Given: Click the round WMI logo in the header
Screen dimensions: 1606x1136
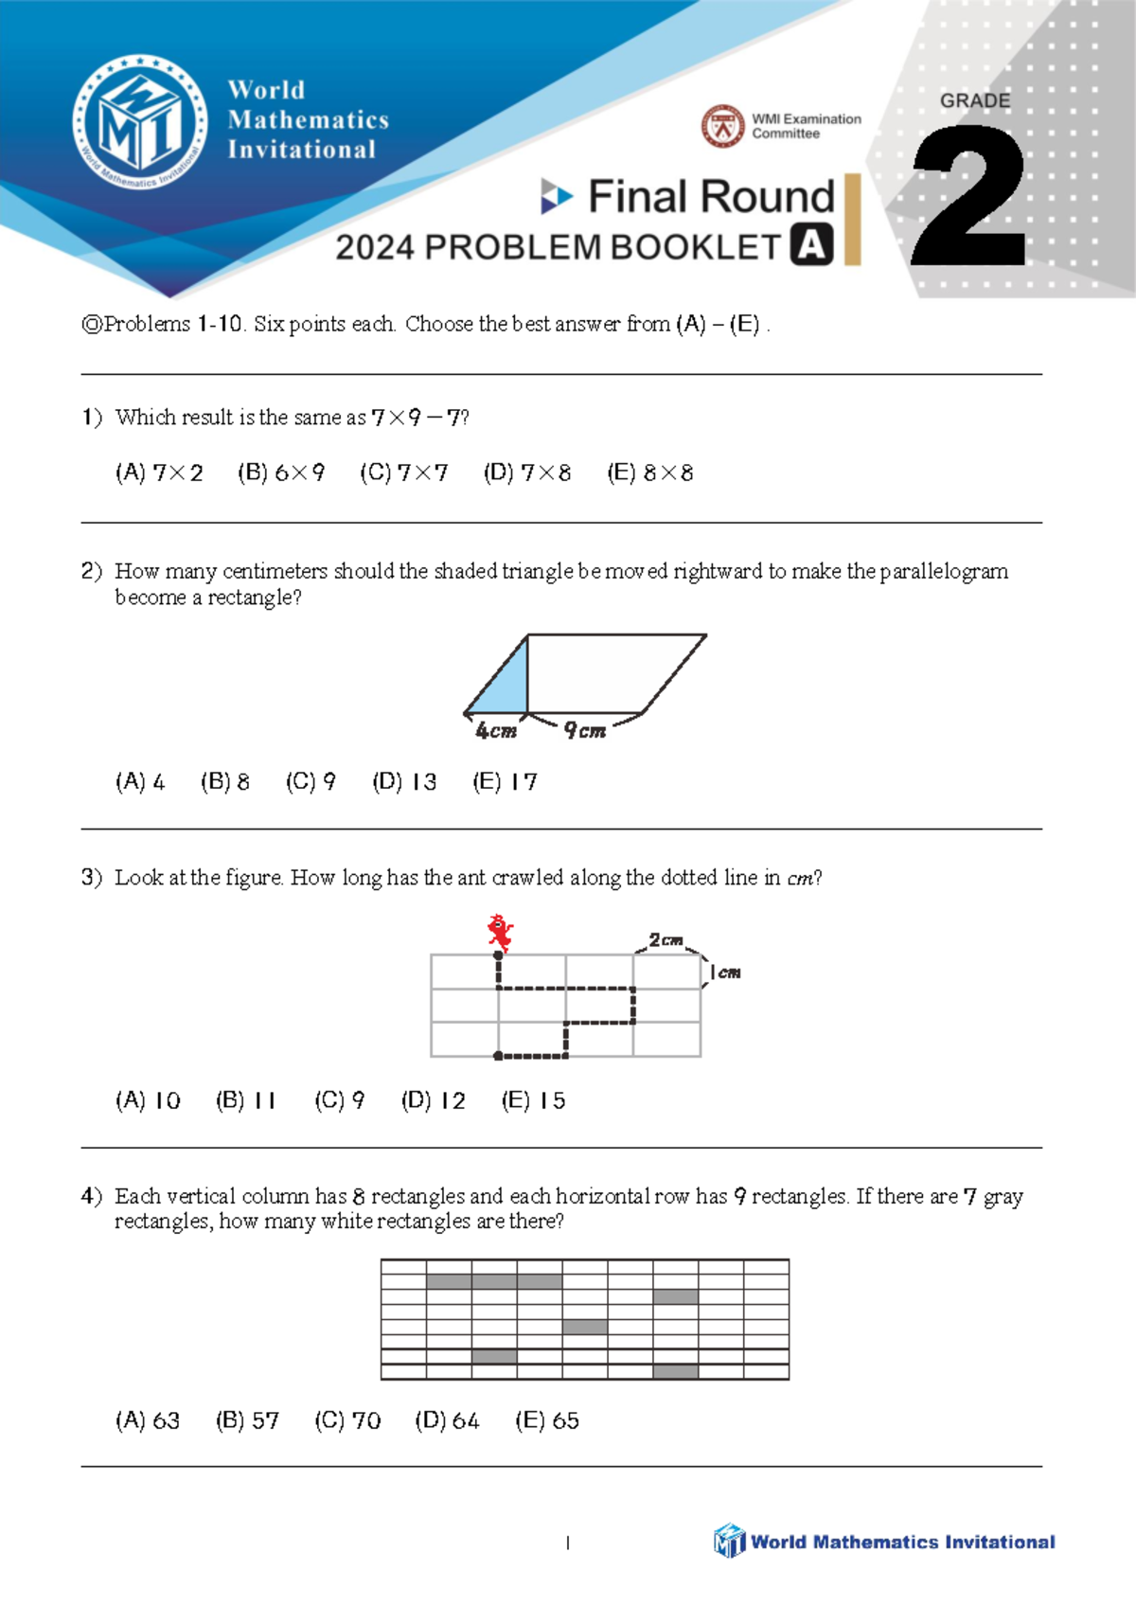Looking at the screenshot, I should (x=140, y=122).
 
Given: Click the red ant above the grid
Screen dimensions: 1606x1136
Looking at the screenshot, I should (x=500, y=932).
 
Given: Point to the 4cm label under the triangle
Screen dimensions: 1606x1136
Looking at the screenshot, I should (x=496, y=731).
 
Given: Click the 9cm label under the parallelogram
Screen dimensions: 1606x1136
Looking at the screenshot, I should (x=585, y=731).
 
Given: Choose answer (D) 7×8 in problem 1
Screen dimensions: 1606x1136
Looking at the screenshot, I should (x=527, y=473).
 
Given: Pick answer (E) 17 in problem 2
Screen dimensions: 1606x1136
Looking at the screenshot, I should (x=505, y=782).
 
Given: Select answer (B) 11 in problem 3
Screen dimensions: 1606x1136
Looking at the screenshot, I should (x=245, y=1100).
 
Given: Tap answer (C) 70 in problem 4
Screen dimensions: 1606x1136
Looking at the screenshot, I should (x=347, y=1420).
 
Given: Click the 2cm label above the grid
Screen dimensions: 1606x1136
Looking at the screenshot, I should (x=666, y=940).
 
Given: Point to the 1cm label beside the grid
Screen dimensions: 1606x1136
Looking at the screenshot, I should (x=725, y=973).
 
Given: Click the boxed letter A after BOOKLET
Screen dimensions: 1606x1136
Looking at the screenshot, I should (x=811, y=245).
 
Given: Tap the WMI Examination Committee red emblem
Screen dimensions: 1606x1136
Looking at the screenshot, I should (x=723, y=126).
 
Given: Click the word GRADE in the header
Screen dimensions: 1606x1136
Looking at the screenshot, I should (x=974, y=100).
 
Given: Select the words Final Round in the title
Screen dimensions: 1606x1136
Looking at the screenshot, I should (x=711, y=197).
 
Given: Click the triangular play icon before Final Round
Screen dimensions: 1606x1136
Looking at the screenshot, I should (x=556, y=196).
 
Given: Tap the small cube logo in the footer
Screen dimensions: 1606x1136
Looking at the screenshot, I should (x=729, y=1541).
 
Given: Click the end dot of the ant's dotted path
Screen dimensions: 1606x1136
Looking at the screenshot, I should (x=498, y=1055).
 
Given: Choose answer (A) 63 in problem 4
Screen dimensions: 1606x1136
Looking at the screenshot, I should (x=147, y=1420).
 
